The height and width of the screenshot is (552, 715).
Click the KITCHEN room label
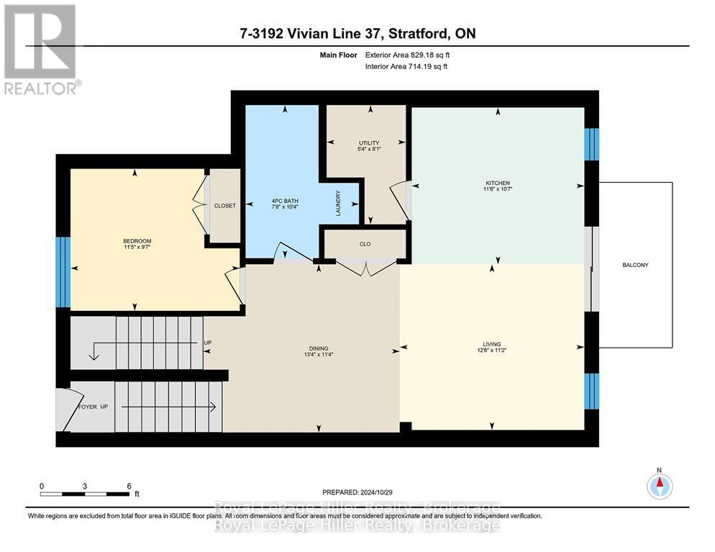click(x=497, y=184)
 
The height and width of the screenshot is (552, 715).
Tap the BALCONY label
click(x=635, y=265)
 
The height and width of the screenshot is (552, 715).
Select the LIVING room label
click(x=492, y=344)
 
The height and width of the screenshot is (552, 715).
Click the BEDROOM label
click(x=137, y=241)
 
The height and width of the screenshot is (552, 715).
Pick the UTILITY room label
click(x=369, y=143)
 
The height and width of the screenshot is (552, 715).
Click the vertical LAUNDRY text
click(x=337, y=203)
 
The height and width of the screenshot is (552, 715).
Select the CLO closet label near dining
click(x=365, y=244)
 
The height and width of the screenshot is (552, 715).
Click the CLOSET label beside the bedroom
click(x=224, y=206)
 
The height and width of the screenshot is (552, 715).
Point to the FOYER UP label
click(x=93, y=407)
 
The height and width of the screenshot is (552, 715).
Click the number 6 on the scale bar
click(x=128, y=486)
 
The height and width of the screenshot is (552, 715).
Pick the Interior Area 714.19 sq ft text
click(x=407, y=67)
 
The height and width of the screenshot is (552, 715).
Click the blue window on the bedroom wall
click(x=63, y=272)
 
